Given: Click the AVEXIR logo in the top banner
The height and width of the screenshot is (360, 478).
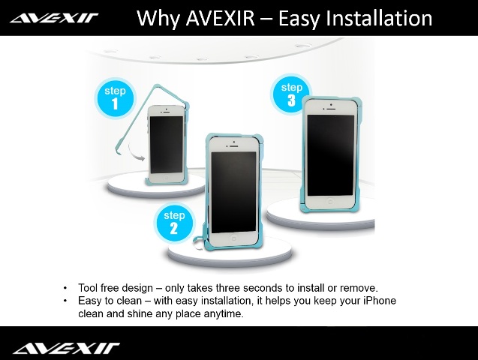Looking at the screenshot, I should pos(54,17).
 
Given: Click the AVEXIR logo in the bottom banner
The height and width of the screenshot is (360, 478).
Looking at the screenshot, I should pos(65,347).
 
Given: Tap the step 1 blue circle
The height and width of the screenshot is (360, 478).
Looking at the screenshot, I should pos(115,98).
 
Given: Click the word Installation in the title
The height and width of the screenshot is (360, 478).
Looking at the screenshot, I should pos(381,17).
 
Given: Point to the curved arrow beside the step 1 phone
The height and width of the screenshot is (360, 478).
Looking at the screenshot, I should pos(136,154).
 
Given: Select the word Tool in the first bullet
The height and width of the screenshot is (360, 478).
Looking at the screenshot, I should pos(89,288).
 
